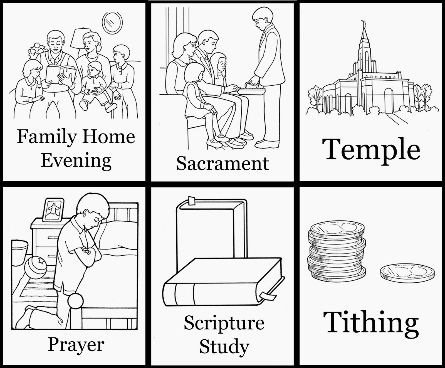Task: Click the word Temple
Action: coord(371,150)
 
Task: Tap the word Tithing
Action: coord(371,323)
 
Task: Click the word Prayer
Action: coord(76,345)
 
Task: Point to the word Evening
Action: coord(76,161)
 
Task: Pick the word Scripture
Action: coord(224,323)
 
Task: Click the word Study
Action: coord(224,347)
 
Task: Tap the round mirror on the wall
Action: coord(112,23)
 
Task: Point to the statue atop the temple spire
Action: coord(362,23)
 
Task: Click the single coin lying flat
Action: coord(407,273)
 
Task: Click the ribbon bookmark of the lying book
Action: coord(268,295)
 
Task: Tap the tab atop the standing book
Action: coord(192,200)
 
